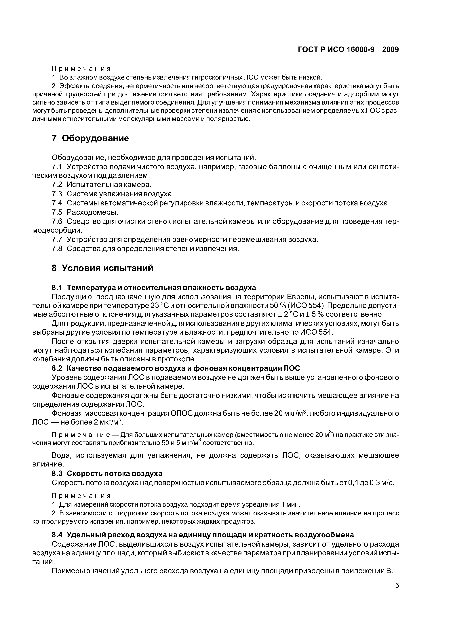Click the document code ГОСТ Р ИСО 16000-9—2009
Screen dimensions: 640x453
(x=348, y=50)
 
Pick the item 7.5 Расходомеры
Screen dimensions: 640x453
(x=85, y=212)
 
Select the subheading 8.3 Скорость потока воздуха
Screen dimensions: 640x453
(x=107, y=473)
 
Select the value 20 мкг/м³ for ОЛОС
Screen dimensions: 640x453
(x=290, y=413)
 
